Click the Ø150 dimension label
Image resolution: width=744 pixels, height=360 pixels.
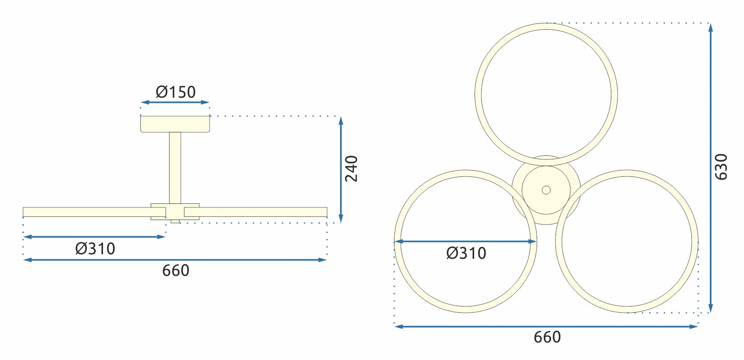(175, 92)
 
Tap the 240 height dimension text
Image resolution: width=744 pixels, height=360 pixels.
(351, 168)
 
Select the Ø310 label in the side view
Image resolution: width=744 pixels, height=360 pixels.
(95, 248)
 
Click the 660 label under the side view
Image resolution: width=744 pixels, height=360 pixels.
(175, 270)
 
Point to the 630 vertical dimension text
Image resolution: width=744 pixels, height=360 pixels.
(721, 167)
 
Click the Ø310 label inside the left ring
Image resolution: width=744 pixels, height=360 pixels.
(466, 253)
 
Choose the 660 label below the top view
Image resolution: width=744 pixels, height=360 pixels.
(547, 337)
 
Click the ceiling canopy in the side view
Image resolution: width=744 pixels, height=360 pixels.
(175, 124)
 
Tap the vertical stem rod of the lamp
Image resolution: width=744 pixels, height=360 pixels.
(175, 166)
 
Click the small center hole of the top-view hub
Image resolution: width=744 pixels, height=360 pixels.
(546, 190)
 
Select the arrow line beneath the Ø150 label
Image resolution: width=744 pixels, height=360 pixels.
(175, 102)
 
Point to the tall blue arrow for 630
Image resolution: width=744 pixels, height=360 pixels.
(710, 167)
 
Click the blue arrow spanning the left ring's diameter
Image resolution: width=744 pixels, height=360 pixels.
(465, 242)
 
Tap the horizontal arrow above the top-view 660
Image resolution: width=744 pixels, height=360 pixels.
(546, 326)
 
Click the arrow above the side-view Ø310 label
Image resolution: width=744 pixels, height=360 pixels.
(94, 237)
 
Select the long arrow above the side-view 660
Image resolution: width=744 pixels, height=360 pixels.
(175, 260)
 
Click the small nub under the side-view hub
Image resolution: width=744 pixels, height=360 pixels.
(175, 221)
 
